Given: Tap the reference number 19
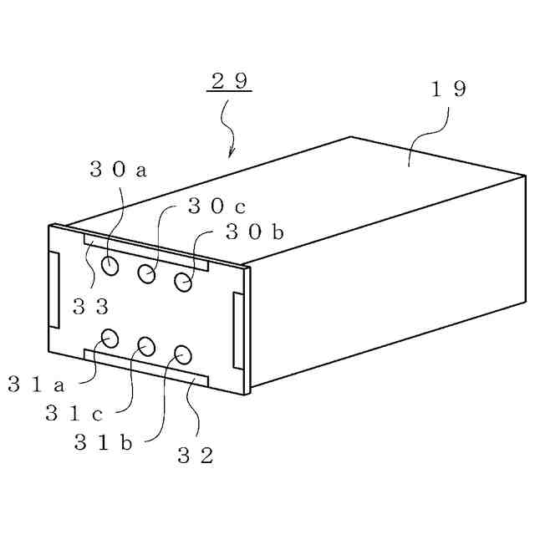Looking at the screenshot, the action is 448,89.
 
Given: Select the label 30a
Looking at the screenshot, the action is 118,170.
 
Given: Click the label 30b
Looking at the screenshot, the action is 254,232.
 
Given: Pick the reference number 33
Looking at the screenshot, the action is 91,306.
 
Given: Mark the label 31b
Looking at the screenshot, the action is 103,443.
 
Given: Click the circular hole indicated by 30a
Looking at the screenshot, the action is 110,266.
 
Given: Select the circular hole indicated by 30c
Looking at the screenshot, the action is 147,273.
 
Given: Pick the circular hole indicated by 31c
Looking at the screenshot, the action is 147,344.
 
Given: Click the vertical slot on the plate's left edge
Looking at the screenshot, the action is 55,289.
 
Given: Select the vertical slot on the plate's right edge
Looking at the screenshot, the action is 237,331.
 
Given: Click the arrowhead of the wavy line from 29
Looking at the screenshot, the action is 231,154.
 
